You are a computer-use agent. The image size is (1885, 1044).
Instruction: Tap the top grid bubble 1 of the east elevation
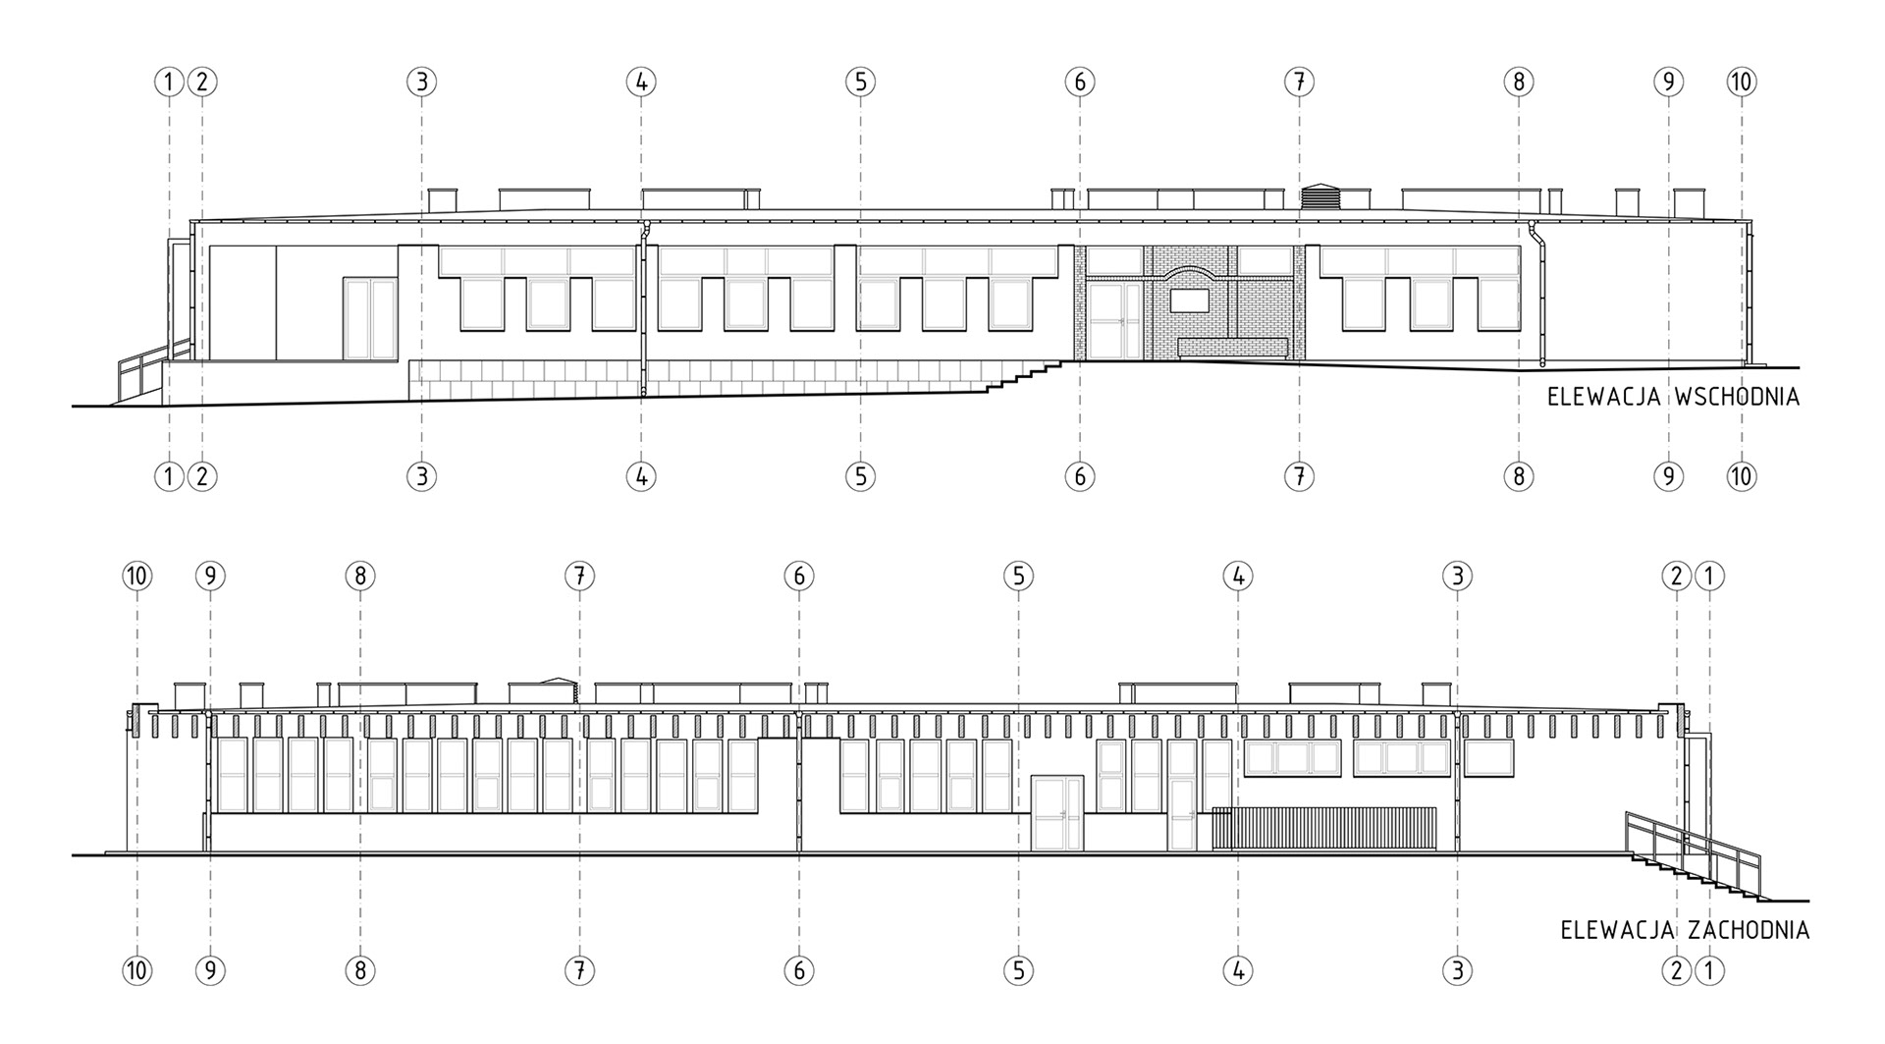(169, 82)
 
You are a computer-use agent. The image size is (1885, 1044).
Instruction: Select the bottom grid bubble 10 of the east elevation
(1742, 477)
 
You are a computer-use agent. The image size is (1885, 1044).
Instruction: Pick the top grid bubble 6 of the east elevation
(1080, 82)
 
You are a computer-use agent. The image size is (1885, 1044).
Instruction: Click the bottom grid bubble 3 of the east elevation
(421, 477)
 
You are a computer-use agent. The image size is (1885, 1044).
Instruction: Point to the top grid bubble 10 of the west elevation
(137, 576)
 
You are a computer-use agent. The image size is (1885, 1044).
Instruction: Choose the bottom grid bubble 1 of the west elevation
(1709, 971)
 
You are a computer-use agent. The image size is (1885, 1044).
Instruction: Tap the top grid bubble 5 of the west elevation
(1018, 576)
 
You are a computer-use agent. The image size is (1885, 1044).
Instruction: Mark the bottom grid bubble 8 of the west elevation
(360, 971)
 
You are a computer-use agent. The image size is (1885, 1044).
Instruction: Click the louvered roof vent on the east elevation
(1320, 196)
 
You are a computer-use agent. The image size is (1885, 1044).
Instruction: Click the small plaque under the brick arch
(1190, 300)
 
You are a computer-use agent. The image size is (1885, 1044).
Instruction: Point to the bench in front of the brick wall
(1233, 348)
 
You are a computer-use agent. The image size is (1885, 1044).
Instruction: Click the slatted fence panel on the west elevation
(1324, 828)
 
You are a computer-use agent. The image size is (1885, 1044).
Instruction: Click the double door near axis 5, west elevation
(1056, 812)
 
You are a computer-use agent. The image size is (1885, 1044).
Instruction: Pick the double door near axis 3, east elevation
(369, 317)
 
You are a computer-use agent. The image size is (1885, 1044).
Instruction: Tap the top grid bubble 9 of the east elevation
(1668, 82)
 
